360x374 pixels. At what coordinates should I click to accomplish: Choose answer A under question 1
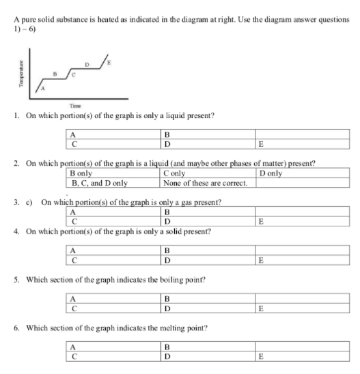coord(71,135)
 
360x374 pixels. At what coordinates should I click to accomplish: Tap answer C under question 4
coord(72,260)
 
